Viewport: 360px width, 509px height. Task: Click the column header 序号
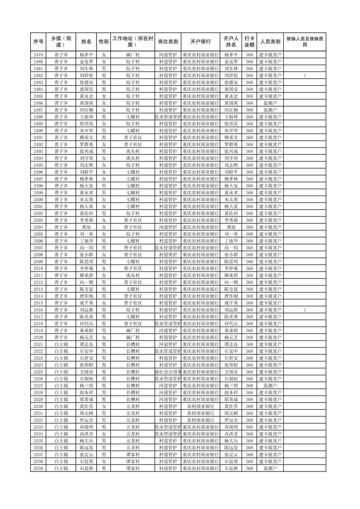pyautogui.click(x=39, y=42)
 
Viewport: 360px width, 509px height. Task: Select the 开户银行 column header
pyautogui.click(x=200, y=42)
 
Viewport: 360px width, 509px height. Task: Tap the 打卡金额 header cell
pyautogui.click(x=249, y=42)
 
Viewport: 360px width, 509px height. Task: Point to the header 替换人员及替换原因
pyautogui.click(x=304, y=42)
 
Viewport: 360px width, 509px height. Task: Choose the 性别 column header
pyautogui.click(x=104, y=42)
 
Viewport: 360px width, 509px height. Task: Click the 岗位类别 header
pyautogui.click(x=168, y=42)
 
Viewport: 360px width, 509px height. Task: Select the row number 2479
pyautogui.click(x=39, y=55)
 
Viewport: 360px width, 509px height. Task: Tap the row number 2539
pyautogui.click(x=39, y=468)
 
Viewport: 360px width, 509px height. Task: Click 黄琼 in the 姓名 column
pyautogui.click(x=86, y=227)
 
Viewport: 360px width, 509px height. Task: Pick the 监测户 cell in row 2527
pyautogui.click(x=270, y=385)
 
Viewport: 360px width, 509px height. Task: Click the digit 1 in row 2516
pyautogui.click(x=305, y=310)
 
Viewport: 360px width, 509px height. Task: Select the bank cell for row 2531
pyautogui.click(x=200, y=413)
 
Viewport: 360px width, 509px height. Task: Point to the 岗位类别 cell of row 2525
pyautogui.click(x=168, y=372)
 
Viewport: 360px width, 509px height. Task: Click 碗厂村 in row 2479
pyautogui.click(x=133, y=55)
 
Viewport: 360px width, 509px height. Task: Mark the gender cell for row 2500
pyautogui.click(x=104, y=200)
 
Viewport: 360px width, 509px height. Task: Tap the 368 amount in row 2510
pyautogui.click(x=249, y=269)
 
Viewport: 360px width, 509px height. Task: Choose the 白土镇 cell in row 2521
pyautogui.click(x=61, y=344)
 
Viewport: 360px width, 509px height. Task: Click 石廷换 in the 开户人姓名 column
pyautogui.click(x=231, y=468)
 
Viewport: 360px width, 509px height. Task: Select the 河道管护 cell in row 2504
pyautogui.click(x=168, y=227)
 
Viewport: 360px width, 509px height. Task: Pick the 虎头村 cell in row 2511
pyautogui.click(x=133, y=275)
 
